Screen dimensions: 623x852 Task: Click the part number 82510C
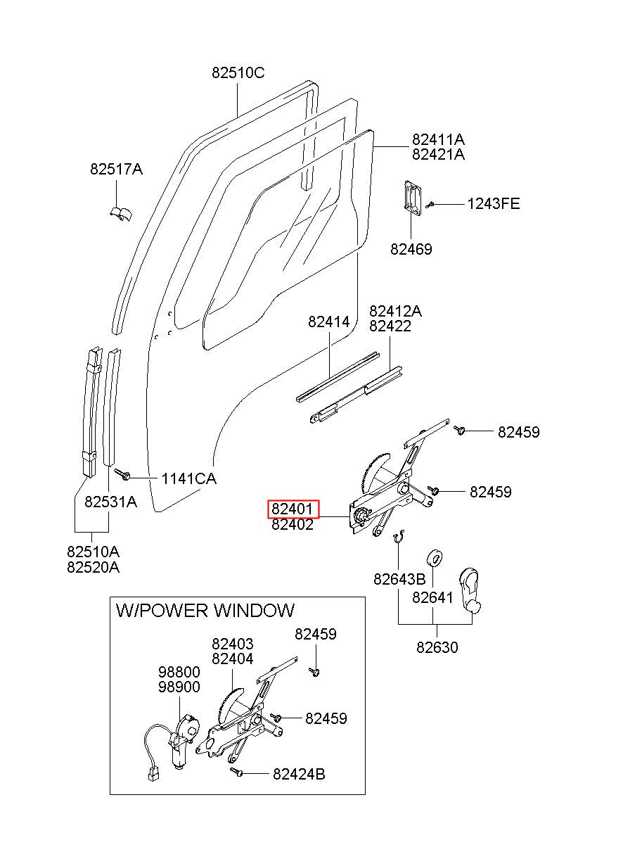click(238, 72)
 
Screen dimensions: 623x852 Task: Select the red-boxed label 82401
click(293, 509)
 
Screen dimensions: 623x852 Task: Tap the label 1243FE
click(493, 204)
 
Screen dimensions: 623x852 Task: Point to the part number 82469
click(411, 249)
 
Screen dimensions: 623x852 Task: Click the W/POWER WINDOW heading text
click(205, 611)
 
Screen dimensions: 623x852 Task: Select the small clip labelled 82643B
click(399, 536)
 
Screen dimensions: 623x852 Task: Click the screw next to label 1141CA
click(122, 474)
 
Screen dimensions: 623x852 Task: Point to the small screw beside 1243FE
click(430, 205)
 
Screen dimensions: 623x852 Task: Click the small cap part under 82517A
click(121, 214)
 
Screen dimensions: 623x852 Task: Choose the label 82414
click(329, 322)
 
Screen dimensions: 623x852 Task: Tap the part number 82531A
click(110, 502)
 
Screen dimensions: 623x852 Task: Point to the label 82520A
click(93, 567)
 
